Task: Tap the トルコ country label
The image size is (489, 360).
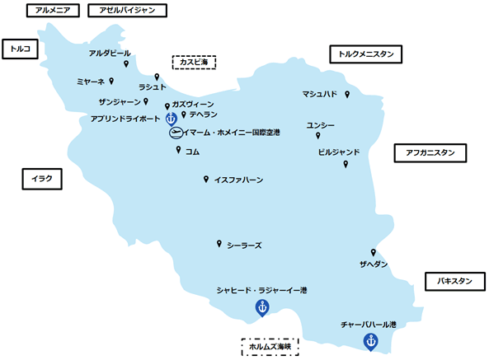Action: (19, 49)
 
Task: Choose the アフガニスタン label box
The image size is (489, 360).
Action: (430, 152)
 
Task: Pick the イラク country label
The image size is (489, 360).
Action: (40, 178)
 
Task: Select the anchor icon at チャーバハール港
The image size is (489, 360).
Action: (370, 341)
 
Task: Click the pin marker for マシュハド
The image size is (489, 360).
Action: (346, 95)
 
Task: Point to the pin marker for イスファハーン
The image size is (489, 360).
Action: (205, 179)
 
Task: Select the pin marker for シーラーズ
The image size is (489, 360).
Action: (219, 244)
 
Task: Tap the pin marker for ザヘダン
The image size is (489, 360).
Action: (374, 252)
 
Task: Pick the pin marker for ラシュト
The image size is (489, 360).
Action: (157, 77)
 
